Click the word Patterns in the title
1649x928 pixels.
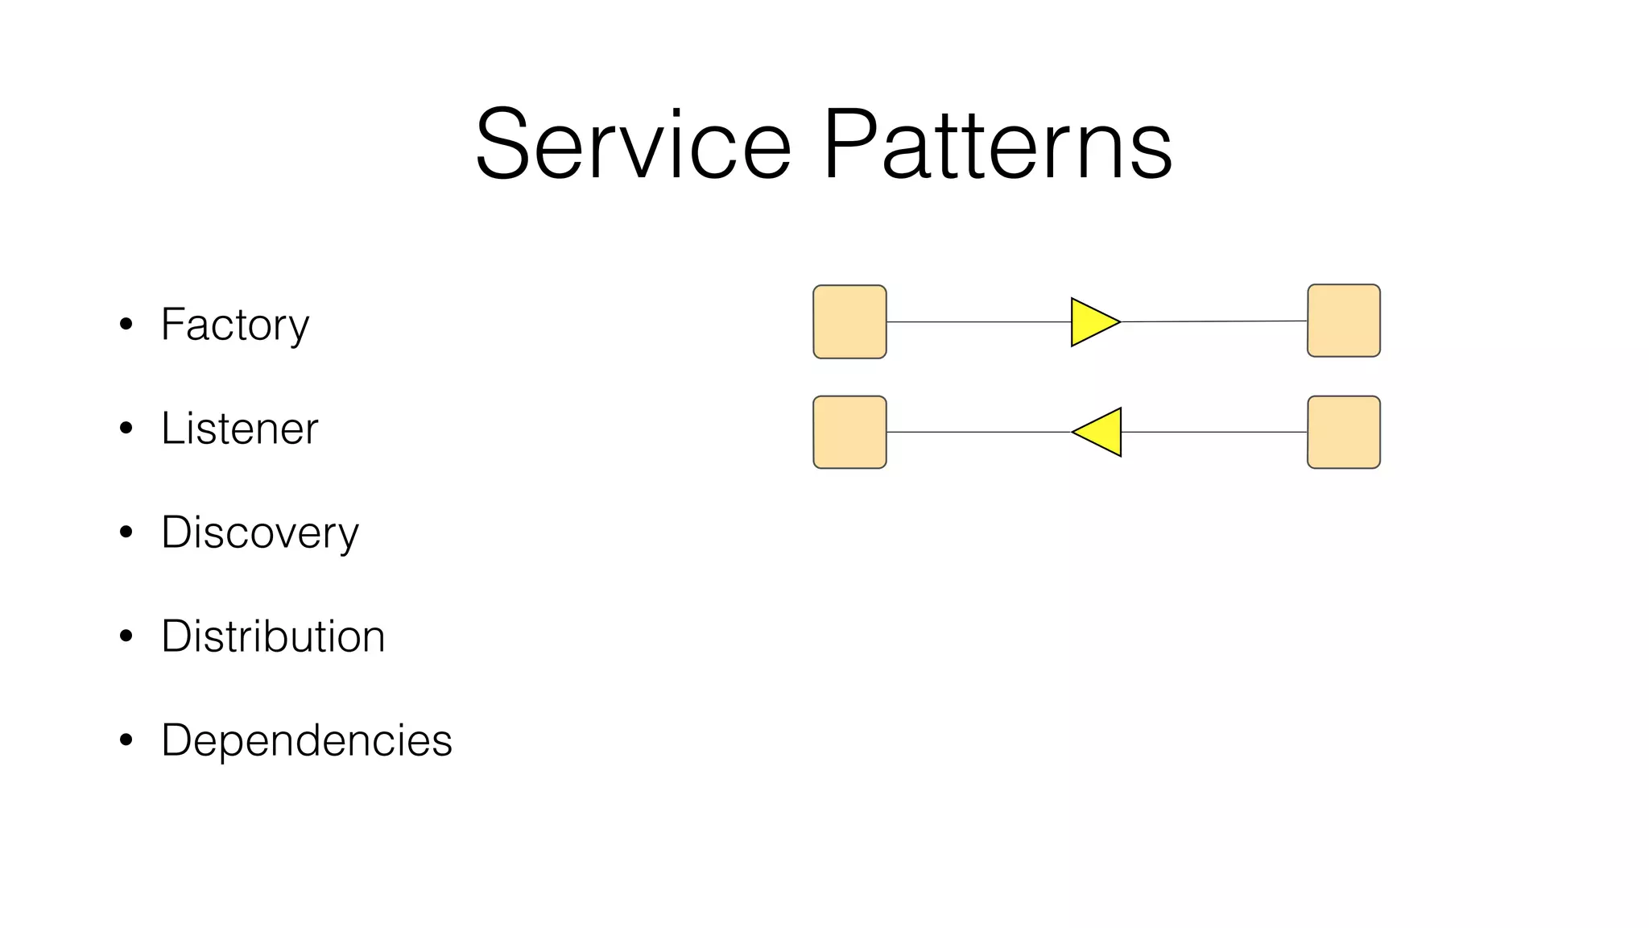point(997,145)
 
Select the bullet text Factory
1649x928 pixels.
point(234,325)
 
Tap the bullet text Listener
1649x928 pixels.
point(239,429)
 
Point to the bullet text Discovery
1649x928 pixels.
point(259,532)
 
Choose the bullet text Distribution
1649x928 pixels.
point(273,636)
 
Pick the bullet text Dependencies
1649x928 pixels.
point(306,740)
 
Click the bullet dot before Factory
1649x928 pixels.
point(126,325)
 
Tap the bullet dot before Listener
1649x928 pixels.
point(126,429)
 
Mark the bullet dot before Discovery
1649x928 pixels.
point(126,532)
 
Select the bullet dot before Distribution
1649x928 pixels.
point(126,636)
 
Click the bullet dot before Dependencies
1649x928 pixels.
point(126,740)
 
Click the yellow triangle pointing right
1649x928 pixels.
point(1090,322)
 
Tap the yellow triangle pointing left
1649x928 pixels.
point(1101,433)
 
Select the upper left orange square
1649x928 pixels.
point(849,321)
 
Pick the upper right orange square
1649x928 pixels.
point(1343,321)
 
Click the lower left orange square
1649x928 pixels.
point(849,432)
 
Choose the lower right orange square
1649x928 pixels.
point(1343,432)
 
